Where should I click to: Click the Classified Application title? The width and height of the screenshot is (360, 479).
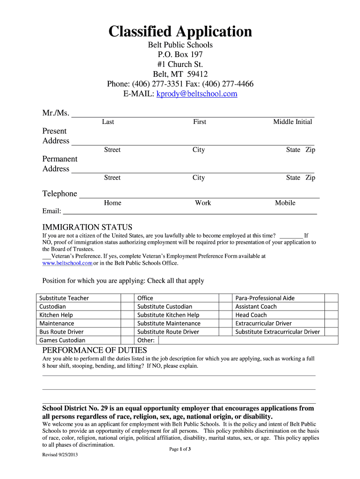[x=180, y=32]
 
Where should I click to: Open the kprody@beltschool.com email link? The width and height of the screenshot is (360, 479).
[x=197, y=94]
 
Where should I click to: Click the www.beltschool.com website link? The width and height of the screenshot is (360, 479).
[x=67, y=263]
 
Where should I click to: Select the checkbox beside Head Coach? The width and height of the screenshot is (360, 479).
[x=331, y=315]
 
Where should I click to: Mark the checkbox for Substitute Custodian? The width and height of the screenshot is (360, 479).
[x=226, y=306]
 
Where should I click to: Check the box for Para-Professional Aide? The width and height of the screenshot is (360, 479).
[x=331, y=298]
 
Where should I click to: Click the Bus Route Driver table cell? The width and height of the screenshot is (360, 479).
[x=79, y=332]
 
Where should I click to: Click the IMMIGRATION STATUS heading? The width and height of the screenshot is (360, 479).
[x=87, y=227]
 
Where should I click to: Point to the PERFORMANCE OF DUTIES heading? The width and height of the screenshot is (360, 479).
[x=95, y=350]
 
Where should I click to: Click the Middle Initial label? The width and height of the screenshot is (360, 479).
[x=293, y=122]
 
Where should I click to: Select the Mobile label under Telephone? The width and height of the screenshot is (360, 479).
[x=285, y=203]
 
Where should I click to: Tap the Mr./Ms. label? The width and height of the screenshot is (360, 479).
[x=56, y=113]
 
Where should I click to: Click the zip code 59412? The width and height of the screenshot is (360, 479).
[x=197, y=74]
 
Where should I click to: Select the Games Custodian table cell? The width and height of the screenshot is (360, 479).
[x=79, y=340]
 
